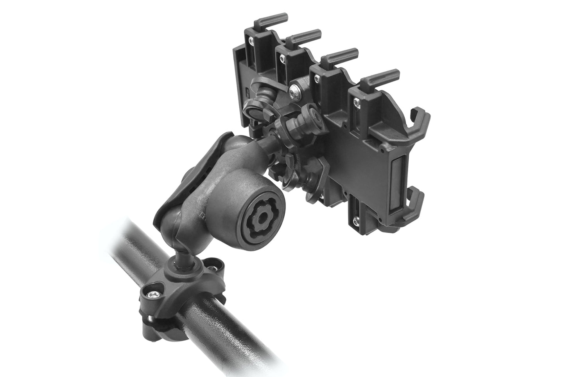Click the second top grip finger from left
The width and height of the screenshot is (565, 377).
(307, 35)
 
